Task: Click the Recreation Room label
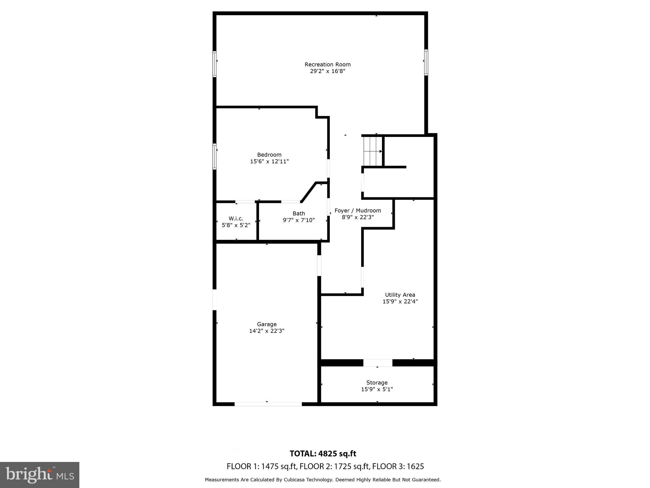pos(328,64)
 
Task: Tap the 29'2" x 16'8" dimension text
pos(328,71)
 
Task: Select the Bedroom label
pos(269,155)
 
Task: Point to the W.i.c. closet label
pos(236,219)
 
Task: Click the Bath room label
pos(299,213)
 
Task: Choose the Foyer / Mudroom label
pos(358,211)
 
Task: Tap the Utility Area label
pos(400,295)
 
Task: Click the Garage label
pos(267,324)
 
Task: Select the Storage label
pos(377,383)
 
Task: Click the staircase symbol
pos(373,151)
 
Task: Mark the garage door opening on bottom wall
pos(268,404)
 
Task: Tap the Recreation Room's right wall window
pos(426,63)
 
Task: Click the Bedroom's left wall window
pos(215,156)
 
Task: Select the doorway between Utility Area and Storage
pos(378,363)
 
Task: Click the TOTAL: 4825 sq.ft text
pos(323,453)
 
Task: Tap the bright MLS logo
pos(40,475)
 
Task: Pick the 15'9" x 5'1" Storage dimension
pos(377,389)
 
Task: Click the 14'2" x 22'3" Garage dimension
pos(267,331)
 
